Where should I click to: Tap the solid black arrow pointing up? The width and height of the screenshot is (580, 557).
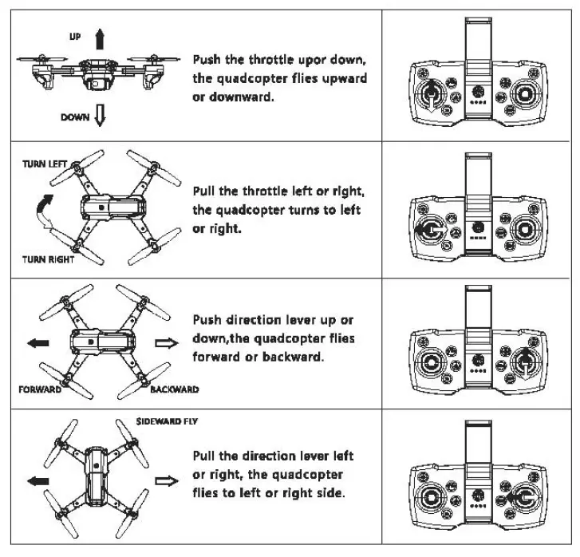[99, 38]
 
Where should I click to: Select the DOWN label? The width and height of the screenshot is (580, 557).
[76, 117]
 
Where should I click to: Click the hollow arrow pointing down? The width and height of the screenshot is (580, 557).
[101, 117]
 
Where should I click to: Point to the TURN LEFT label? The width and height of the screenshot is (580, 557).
[45, 164]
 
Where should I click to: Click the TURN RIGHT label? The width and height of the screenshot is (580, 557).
[47, 259]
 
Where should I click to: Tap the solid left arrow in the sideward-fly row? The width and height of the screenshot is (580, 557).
[37, 481]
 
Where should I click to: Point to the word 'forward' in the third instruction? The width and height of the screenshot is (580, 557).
[216, 357]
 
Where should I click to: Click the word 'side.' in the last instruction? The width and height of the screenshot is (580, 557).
[329, 493]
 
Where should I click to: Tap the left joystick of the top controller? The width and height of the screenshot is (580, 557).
[432, 97]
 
